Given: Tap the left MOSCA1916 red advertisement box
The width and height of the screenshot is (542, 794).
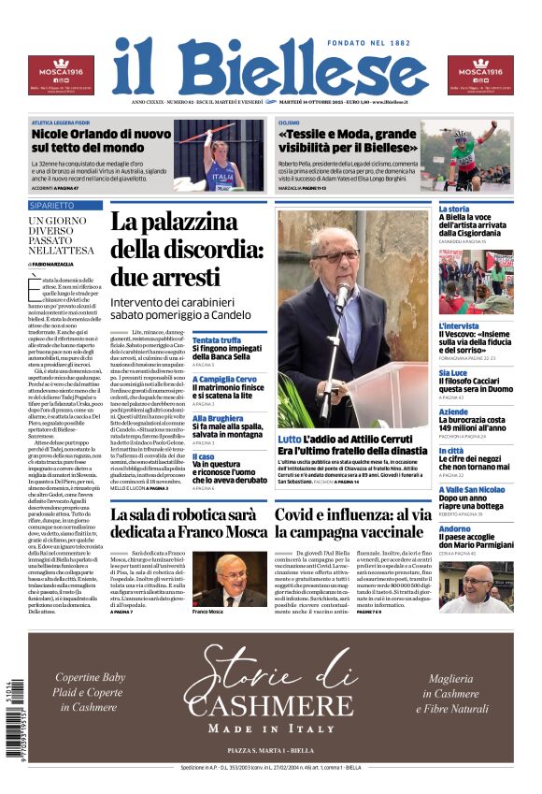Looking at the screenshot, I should tap(61, 75).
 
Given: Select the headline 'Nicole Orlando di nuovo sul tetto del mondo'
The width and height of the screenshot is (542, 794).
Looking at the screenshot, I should tap(101, 140).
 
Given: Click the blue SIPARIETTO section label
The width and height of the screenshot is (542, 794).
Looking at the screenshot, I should tap(52, 205).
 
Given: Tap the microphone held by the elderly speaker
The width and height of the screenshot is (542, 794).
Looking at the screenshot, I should tap(342, 297).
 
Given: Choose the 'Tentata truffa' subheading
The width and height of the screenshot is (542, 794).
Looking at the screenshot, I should tap(217, 340).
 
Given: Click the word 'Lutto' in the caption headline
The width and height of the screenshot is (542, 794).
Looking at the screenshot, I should tap(290, 439).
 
